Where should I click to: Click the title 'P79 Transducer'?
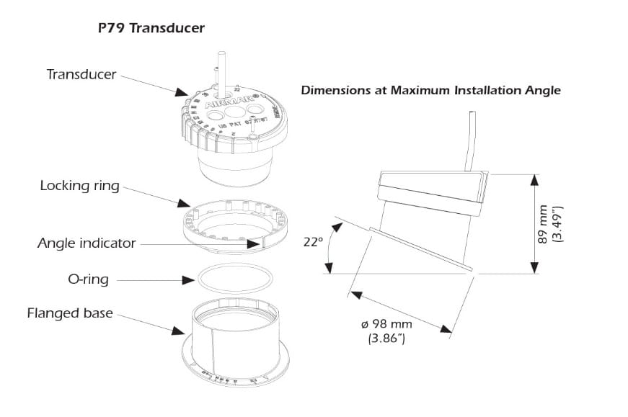(151, 29)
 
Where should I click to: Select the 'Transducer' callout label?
(81, 74)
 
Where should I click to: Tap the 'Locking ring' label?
(80, 186)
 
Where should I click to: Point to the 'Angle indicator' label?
(87, 243)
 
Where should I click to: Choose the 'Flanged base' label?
(70, 313)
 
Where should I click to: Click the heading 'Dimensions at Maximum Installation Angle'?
(430, 91)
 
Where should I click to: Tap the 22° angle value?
(312, 243)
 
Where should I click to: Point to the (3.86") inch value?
(386, 338)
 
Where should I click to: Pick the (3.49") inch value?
(557, 223)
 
